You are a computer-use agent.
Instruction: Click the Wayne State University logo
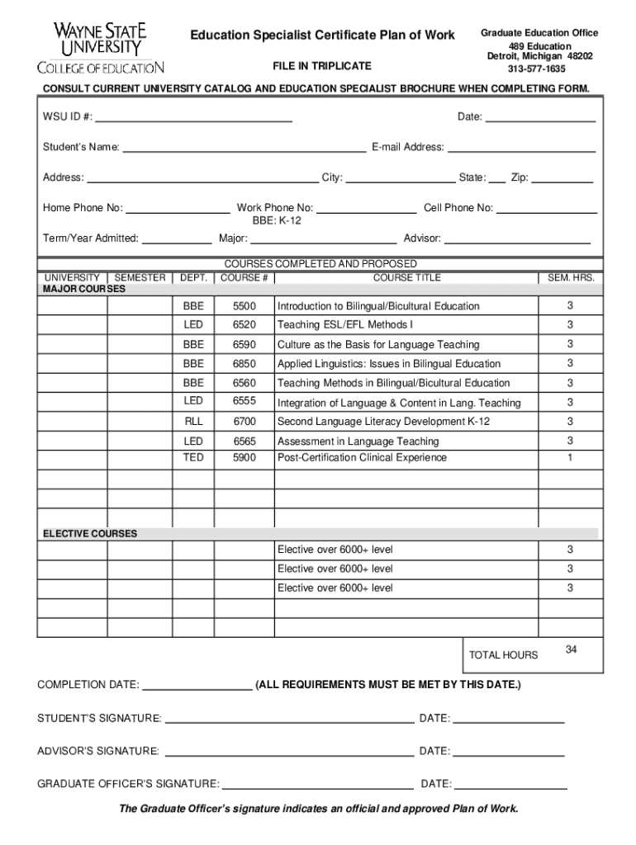101,48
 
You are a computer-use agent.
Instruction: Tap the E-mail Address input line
521,148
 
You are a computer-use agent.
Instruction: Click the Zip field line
562,177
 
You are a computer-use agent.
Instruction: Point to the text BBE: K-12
277,221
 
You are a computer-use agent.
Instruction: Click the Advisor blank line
518,239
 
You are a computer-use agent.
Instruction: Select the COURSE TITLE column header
406,278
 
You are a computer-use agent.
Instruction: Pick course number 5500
244,306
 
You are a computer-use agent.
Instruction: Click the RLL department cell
193,421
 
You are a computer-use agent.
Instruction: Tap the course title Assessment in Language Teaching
358,441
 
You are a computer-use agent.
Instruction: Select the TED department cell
193,457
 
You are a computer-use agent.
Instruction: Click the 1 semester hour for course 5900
569,457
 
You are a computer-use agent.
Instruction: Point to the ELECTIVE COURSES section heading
90,534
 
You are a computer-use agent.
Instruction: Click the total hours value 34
571,650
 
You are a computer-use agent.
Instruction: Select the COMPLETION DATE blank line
197,686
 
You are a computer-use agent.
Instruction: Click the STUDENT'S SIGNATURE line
289,718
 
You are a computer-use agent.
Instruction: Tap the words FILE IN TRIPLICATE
322,66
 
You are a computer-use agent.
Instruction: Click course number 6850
244,364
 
